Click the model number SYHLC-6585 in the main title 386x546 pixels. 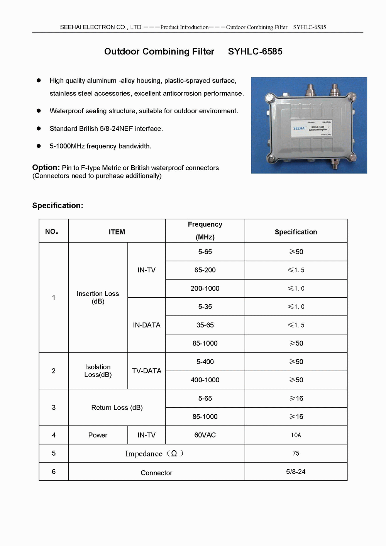pyautogui.click(x=255, y=51)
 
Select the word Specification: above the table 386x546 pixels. pyautogui.click(x=58, y=205)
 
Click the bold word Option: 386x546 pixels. pyautogui.click(x=46, y=168)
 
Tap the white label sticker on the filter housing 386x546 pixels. pyautogui.click(x=312, y=128)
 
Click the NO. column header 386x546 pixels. pyautogui.click(x=52, y=232)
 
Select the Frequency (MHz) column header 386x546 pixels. pyautogui.click(x=205, y=231)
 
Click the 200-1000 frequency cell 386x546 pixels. pyautogui.click(x=205, y=288)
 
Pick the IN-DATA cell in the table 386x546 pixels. pyautogui.click(x=147, y=325)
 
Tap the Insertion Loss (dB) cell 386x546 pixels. pyautogui.click(x=98, y=297)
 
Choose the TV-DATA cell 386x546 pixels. pyautogui.click(x=147, y=371)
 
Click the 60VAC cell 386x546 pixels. pyautogui.click(x=205, y=435)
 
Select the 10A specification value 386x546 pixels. pyautogui.click(x=296, y=435)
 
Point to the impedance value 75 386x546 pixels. pyautogui.click(x=296, y=453)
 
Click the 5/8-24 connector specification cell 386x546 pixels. pyautogui.click(x=296, y=471)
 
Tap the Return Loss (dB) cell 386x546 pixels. pyautogui.click(x=117, y=407)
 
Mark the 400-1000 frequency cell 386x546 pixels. pyautogui.click(x=205, y=380)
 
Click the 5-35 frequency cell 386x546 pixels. pyautogui.click(x=205, y=307)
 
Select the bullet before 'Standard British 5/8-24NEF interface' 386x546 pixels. pyautogui.click(x=39, y=129)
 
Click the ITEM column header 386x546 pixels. pyautogui.click(x=117, y=232)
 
